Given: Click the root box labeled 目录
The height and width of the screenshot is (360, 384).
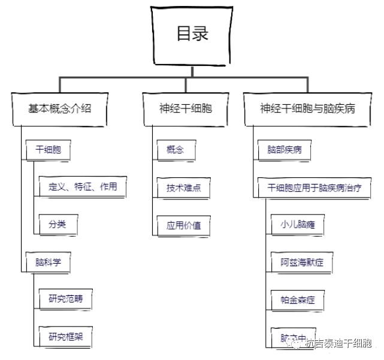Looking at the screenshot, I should (x=192, y=35).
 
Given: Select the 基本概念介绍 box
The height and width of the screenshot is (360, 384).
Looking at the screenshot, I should (x=60, y=109).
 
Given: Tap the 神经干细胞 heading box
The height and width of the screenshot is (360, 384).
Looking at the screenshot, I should (x=185, y=109).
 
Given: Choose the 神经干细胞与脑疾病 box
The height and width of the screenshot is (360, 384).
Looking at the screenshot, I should (x=307, y=109).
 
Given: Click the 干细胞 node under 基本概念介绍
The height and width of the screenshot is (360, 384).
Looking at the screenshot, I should (x=48, y=150).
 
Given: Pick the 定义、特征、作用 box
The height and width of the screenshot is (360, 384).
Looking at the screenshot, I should (x=83, y=187).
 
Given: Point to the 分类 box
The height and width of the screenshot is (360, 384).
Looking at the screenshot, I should (x=58, y=225).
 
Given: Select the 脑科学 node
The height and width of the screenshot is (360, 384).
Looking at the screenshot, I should (x=48, y=262).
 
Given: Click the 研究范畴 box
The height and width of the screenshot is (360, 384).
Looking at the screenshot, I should (x=66, y=298).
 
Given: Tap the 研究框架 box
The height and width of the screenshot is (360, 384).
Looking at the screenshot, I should (x=66, y=336).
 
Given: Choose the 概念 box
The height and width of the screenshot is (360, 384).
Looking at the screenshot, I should (x=175, y=150).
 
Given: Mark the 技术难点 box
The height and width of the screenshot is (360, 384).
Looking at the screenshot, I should (x=183, y=187).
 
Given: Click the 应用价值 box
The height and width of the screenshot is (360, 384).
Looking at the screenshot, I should (x=183, y=226).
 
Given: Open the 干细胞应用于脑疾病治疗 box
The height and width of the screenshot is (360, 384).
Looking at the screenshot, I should (x=315, y=187).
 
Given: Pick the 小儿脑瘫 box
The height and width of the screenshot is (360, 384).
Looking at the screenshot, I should (x=298, y=225).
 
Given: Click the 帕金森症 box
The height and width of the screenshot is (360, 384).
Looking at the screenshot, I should (x=298, y=300).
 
